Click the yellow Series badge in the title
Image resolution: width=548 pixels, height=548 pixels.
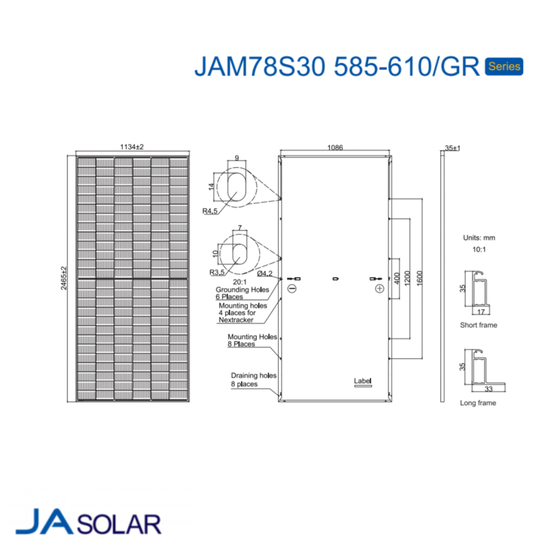503,66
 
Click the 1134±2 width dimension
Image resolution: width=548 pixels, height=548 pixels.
132,147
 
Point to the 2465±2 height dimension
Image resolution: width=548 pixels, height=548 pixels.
63,278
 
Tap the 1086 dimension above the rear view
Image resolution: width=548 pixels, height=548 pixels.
335,147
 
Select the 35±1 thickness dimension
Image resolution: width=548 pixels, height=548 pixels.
452,148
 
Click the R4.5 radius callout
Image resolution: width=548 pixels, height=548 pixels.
209,211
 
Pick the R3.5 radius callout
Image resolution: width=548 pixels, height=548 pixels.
217,272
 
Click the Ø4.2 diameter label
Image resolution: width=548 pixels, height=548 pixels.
264,273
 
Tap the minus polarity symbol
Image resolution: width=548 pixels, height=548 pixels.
292,289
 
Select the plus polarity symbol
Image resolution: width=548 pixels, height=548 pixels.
380,289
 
